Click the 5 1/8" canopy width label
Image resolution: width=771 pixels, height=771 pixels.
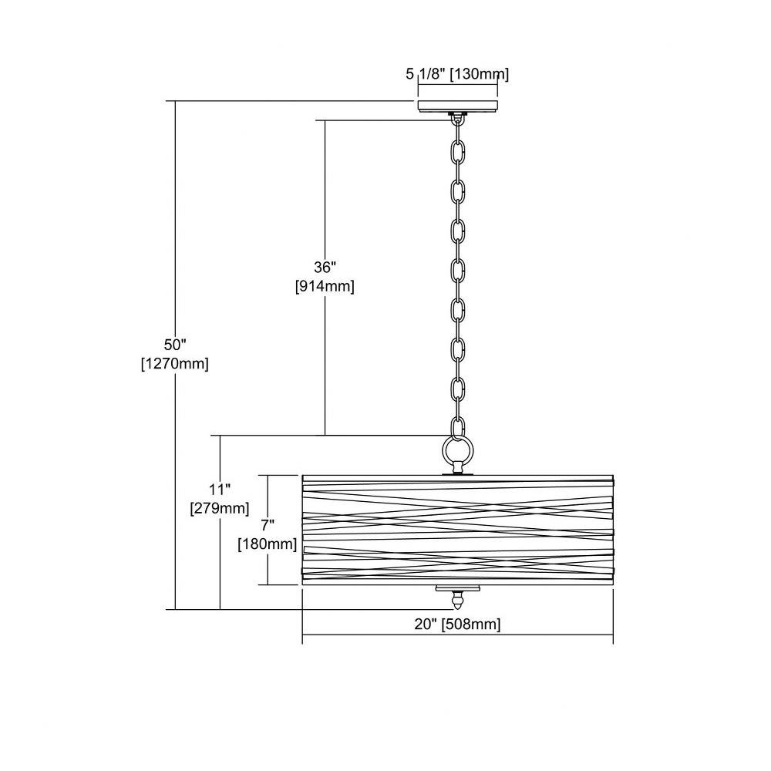(426, 74)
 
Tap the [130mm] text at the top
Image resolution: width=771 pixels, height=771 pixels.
(480, 74)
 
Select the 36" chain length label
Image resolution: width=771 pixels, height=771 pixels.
(325, 267)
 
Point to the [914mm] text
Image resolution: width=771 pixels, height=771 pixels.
(325, 286)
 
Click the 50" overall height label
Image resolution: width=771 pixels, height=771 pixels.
(176, 344)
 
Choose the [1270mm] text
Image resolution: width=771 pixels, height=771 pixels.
(175, 364)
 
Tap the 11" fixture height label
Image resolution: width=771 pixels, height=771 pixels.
(220, 490)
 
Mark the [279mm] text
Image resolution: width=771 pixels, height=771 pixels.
(220, 508)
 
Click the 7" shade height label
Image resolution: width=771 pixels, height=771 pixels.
(268, 525)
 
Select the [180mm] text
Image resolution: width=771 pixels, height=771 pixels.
(268, 544)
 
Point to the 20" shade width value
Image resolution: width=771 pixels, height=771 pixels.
(426, 624)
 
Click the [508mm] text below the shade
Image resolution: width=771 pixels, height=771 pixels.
(471, 625)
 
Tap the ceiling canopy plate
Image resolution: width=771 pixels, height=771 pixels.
(458, 106)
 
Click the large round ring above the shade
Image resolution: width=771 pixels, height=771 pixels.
(458, 449)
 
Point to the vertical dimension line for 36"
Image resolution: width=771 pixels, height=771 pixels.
(325, 278)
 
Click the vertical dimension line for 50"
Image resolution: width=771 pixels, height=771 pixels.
(175, 355)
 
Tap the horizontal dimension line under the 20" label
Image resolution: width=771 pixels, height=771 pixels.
(458, 635)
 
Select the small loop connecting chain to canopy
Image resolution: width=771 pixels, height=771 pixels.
(458, 119)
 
